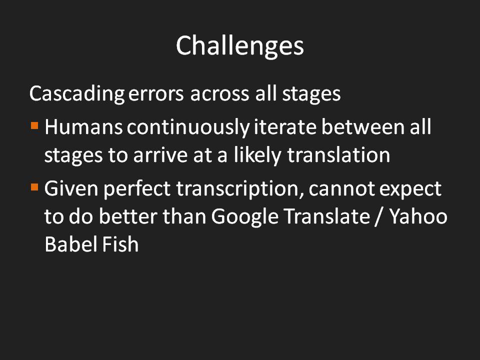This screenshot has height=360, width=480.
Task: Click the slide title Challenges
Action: [x=239, y=45]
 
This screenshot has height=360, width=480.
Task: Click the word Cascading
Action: [x=77, y=94]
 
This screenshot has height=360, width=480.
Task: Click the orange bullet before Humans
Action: [x=34, y=126]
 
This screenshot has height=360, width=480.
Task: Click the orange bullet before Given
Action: [x=34, y=187]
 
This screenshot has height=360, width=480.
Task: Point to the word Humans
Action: [x=83, y=127]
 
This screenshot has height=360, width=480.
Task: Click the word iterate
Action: [x=285, y=127]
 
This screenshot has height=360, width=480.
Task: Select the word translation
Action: [x=338, y=155]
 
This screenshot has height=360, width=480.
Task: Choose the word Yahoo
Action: [x=418, y=216]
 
